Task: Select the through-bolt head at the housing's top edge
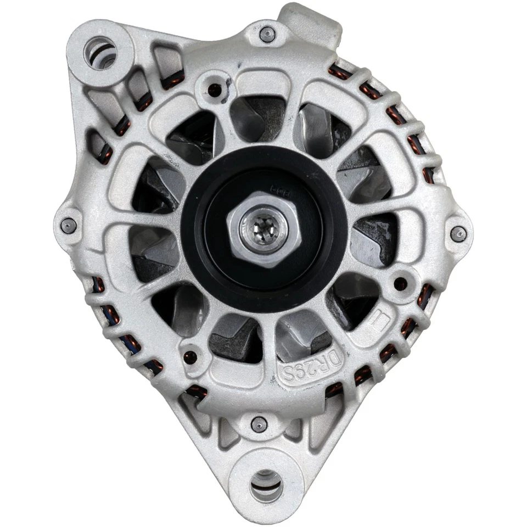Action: (266, 34)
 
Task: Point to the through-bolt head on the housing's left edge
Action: (69, 224)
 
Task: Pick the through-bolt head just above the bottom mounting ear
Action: (259, 423)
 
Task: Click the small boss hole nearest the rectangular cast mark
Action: (401, 284)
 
